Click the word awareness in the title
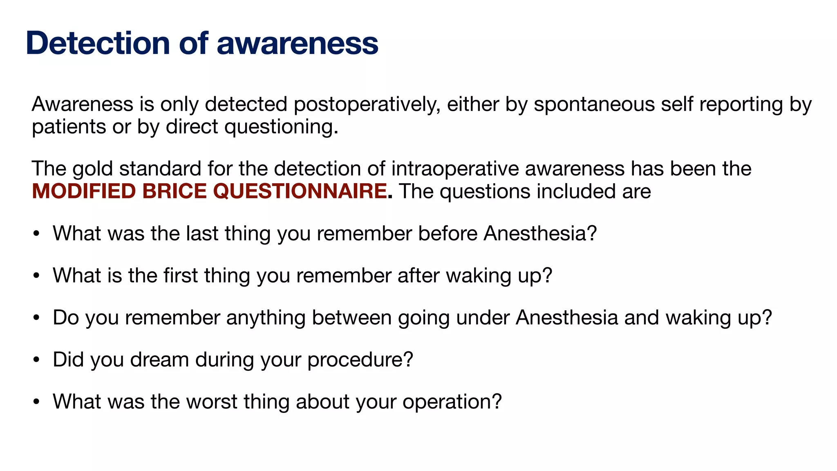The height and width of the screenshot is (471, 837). [x=297, y=43]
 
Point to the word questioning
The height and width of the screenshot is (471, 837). [x=281, y=127]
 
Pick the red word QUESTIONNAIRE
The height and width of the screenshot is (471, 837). [x=300, y=191]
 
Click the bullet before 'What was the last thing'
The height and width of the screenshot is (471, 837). [x=36, y=234]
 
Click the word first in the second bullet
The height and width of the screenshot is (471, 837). [x=181, y=275]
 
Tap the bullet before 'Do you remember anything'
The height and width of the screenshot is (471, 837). [x=36, y=318]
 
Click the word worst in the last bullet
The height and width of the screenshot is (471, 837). [x=212, y=401]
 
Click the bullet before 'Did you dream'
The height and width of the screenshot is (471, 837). [x=36, y=360]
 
